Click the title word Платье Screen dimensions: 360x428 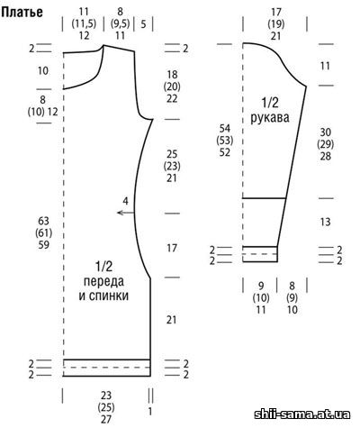(x=22, y=12)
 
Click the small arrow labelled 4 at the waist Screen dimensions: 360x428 (x=126, y=213)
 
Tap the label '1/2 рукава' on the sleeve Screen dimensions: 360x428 (x=269, y=110)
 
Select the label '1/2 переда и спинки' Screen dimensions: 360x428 (x=103, y=281)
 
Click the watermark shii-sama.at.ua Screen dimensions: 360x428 (x=302, y=414)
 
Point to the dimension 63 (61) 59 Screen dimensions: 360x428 (x=44, y=233)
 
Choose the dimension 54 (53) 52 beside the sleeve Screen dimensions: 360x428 (x=225, y=141)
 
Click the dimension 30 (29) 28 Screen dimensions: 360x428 (x=326, y=144)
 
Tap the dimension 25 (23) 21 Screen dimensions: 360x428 (x=172, y=166)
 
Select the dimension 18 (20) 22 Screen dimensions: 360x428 (x=172, y=87)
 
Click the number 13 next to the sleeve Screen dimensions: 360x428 (x=326, y=223)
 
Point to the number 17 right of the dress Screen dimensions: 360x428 (x=172, y=249)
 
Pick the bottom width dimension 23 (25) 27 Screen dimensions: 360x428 (x=106, y=407)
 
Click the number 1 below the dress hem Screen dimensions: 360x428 (x=150, y=411)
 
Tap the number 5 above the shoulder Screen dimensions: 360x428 (x=143, y=24)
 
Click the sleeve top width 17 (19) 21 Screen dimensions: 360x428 (x=276, y=24)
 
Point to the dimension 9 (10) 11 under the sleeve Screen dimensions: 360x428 (x=261, y=298)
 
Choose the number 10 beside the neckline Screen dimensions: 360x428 (x=43, y=71)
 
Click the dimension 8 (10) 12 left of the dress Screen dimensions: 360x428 (x=43, y=105)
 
